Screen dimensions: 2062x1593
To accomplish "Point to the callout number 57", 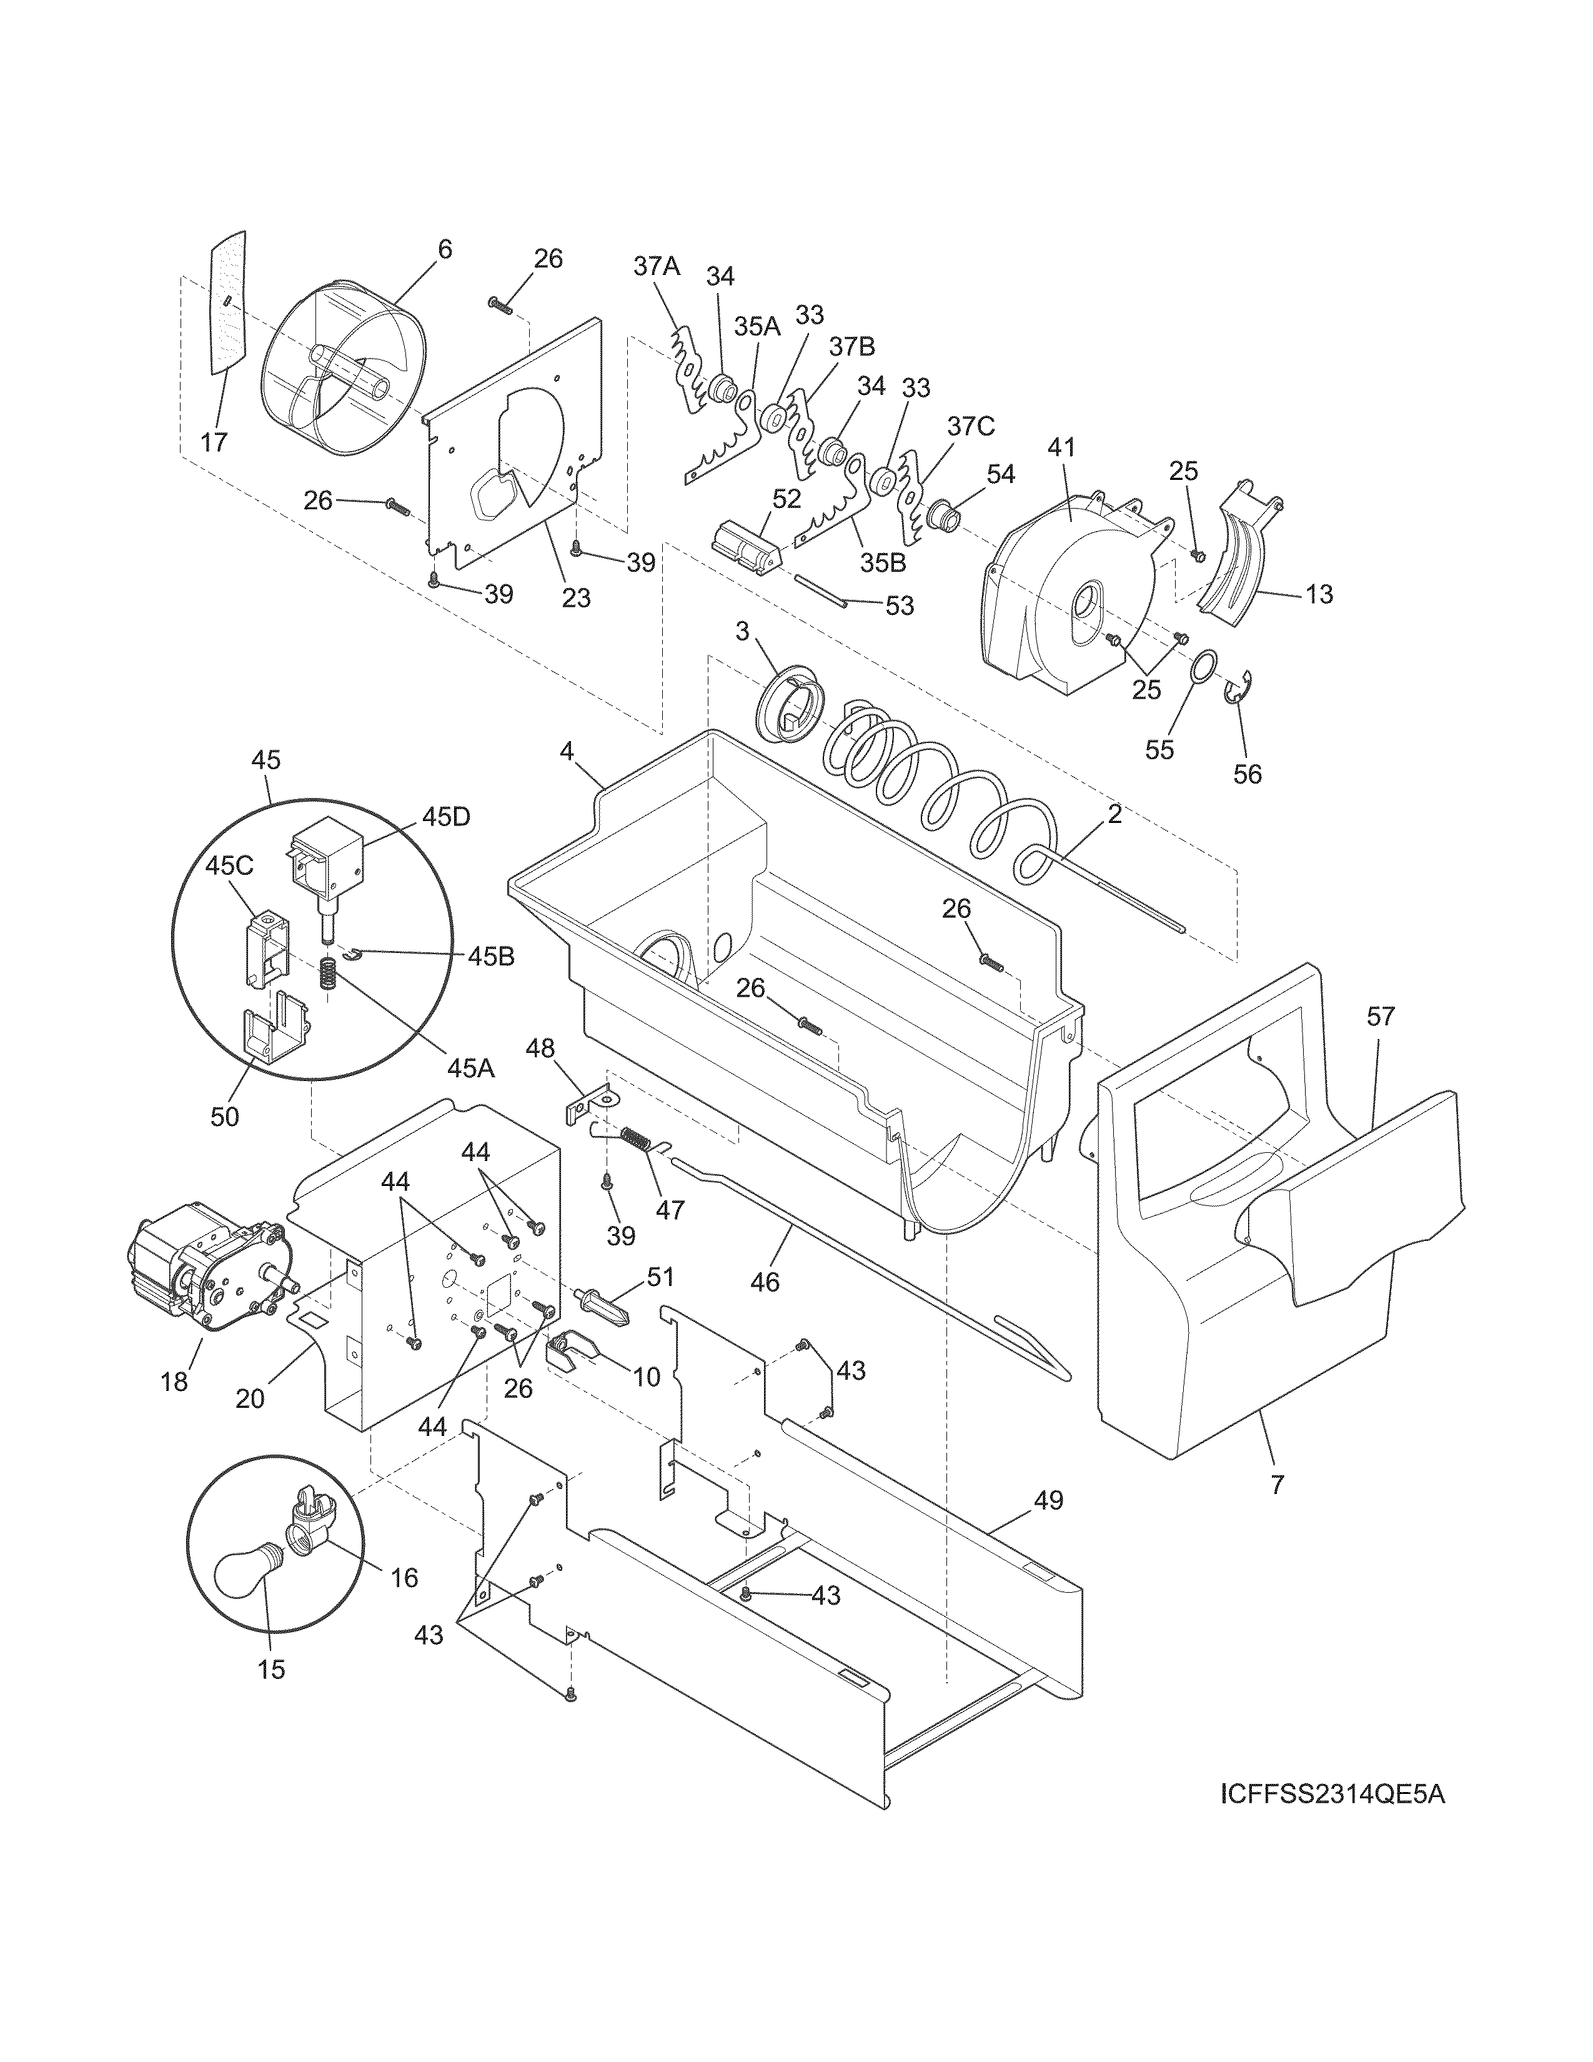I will [1380, 1017].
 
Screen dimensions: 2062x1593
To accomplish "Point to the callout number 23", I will [576, 597].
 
